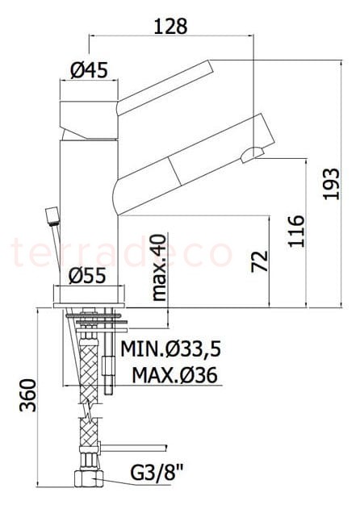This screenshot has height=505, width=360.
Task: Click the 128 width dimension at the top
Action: coord(170,27)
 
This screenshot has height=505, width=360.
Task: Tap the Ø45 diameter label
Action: coord(89,70)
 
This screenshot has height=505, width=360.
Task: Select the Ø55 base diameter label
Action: coord(87,276)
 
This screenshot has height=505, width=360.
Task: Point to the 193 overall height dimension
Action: coord(332,184)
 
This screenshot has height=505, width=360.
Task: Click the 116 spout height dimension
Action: coord(296,231)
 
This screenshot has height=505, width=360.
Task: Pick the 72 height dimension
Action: coord(260,261)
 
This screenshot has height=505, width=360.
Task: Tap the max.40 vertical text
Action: coord(158,268)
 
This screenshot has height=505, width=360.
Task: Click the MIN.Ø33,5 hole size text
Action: coord(170,348)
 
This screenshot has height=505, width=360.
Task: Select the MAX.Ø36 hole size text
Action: coord(174,375)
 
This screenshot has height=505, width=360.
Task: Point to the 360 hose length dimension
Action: coord(27,395)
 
